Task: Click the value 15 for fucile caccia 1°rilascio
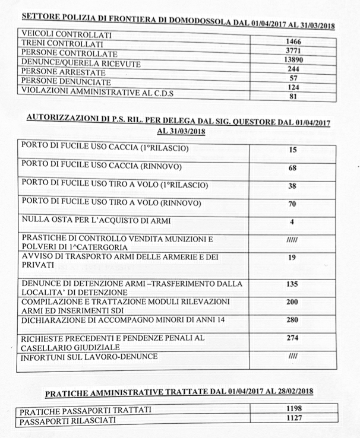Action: click(292, 150)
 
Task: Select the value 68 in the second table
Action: click(292, 168)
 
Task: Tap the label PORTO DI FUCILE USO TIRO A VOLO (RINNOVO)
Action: click(111, 203)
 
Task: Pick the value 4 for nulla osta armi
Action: click(292, 222)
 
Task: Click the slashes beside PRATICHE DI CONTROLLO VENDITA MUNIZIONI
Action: click(292, 240)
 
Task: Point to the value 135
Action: click(292, 284)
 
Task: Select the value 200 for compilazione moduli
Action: click(292, 302)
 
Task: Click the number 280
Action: click(292, 320)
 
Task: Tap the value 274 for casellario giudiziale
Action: click(292, 338)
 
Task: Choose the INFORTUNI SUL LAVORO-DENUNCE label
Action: click(89, 357)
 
